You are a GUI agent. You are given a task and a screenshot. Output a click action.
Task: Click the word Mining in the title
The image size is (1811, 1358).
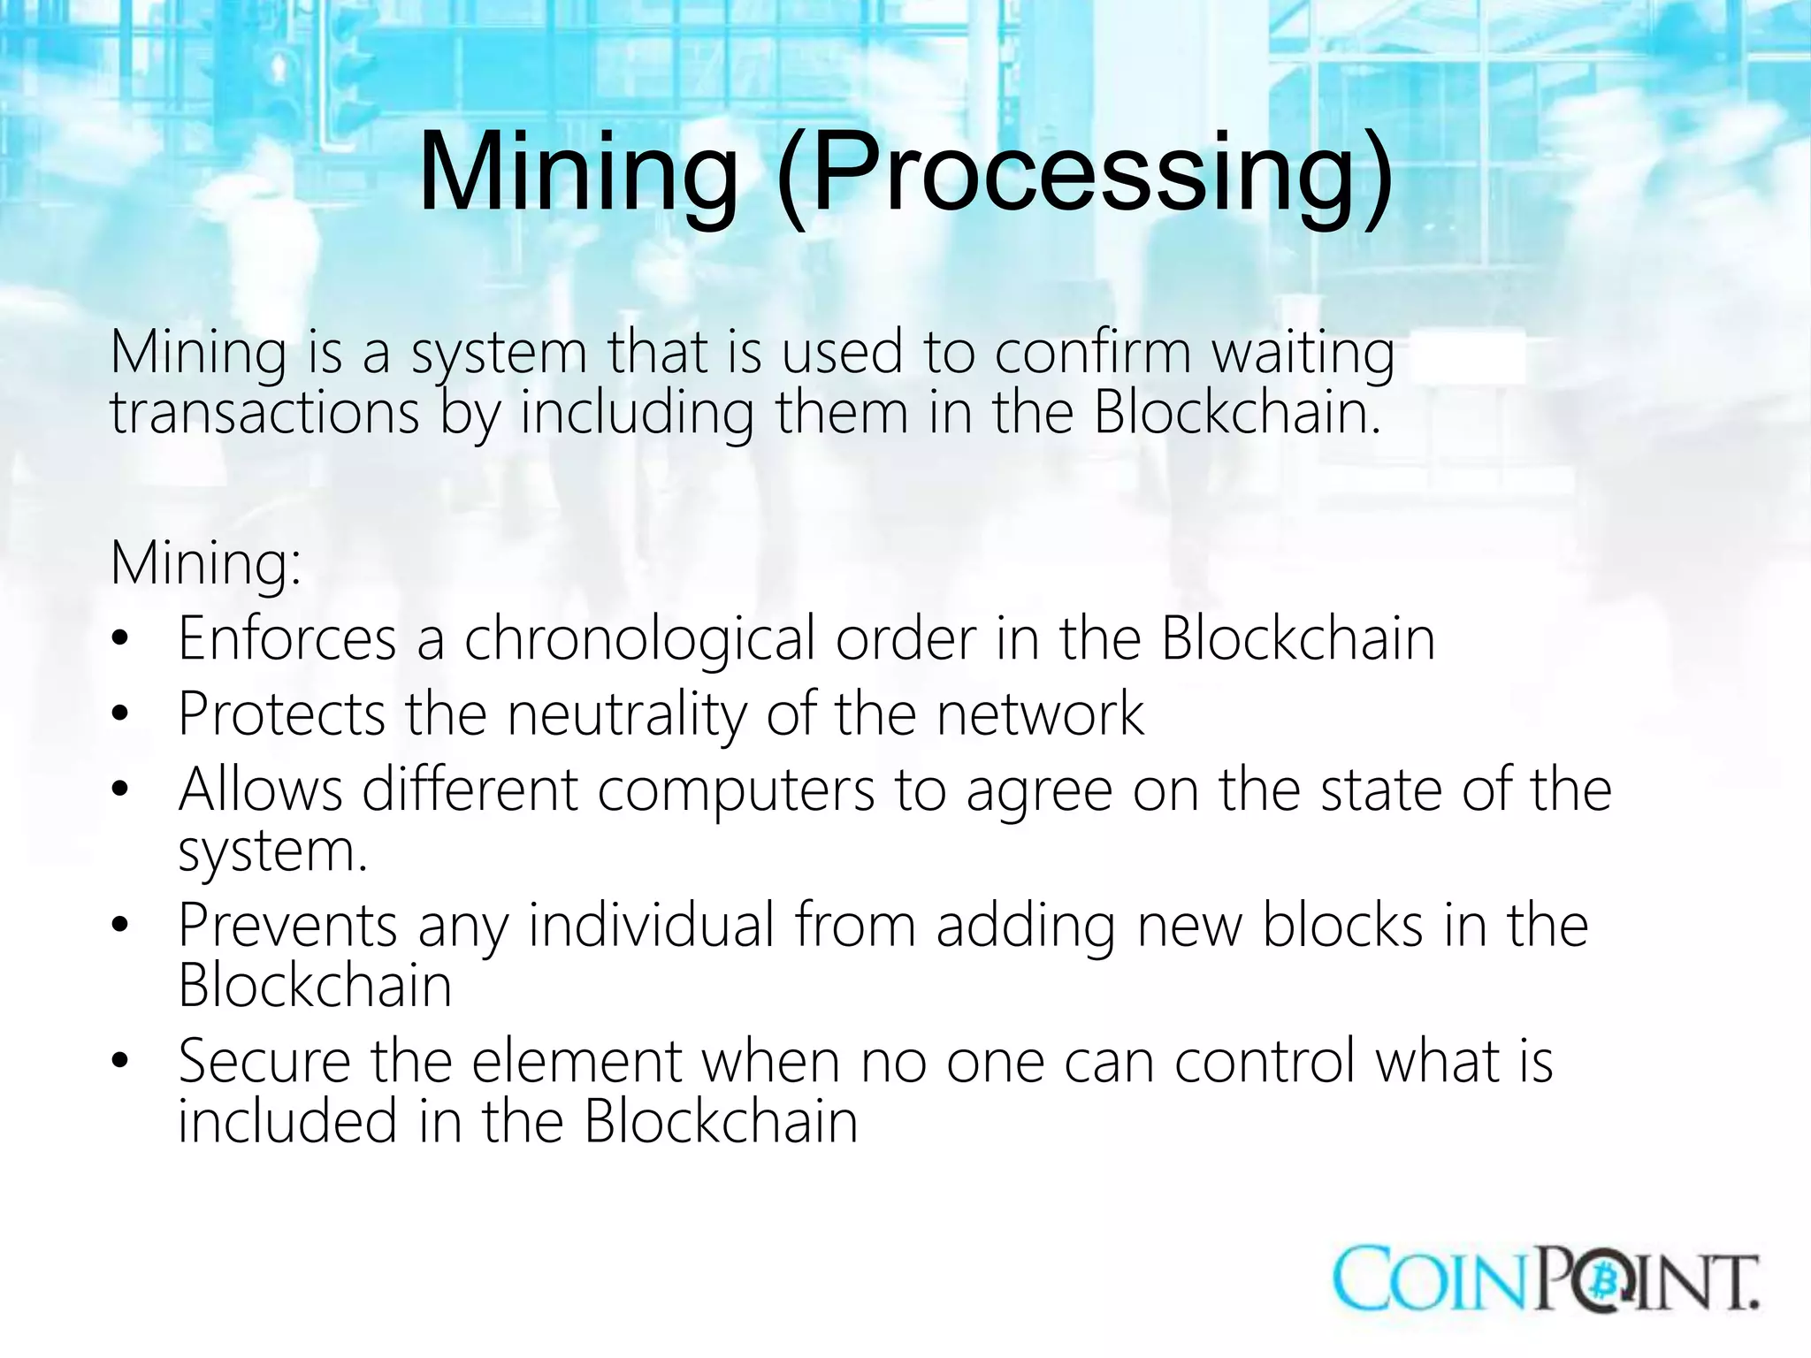click(578, 172)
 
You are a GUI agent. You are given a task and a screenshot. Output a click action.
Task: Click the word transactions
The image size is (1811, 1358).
click(264, 413)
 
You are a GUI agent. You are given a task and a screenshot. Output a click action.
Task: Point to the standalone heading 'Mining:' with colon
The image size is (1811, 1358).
click(206, 563)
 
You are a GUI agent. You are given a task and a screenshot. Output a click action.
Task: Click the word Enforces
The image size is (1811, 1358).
click(287, 638)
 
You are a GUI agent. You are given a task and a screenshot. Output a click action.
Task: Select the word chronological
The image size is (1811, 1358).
click(639, 640)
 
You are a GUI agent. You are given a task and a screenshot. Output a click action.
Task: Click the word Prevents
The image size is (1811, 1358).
click(287, 926)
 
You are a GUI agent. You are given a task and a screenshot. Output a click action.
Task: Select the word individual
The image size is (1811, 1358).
click(652, 926)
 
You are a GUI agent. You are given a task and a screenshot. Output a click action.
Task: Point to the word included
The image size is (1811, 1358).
click(287, 1121)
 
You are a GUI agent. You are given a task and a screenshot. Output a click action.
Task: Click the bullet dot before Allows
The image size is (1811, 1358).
click(121, 788)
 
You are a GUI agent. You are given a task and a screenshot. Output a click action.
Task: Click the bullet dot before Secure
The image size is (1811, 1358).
click(121, 1059)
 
